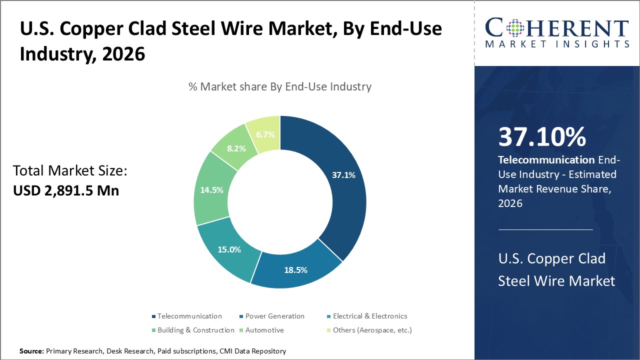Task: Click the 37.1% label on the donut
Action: click(343, 175)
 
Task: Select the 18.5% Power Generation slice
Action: click(296, 270)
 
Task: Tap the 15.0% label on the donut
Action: click(229, 249)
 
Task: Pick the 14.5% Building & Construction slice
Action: click(211, 190)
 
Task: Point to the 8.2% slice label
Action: click(235, 148)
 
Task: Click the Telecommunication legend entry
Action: click(189, 316)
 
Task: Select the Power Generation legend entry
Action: click(274, 316)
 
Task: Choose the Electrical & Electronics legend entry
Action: click(369, 316)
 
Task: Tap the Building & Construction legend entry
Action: click(195, 330)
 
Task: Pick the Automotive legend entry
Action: click(264, 330)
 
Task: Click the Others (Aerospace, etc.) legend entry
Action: click(371, 330)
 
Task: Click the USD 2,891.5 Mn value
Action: click(66, 190)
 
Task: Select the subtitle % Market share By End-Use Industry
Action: click(279, 86)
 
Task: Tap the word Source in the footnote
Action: click(31, 351)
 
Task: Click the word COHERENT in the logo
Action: click(556, 28)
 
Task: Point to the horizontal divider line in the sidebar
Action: click(545, 229)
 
